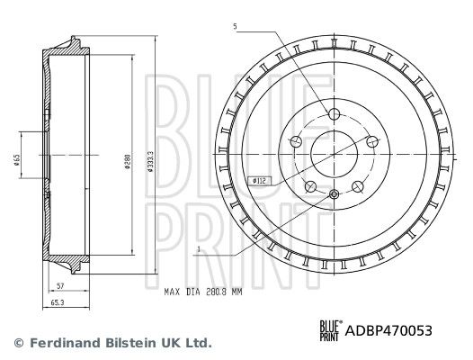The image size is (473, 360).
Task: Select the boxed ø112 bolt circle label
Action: point(258,181)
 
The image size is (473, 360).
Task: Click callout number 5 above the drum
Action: point(236,28)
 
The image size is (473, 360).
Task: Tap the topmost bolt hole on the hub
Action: point(334,114)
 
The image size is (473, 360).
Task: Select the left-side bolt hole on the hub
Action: point(297,141)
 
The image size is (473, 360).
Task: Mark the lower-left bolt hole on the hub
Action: point(310,186)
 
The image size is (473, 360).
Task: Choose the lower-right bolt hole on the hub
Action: point(357,186)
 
